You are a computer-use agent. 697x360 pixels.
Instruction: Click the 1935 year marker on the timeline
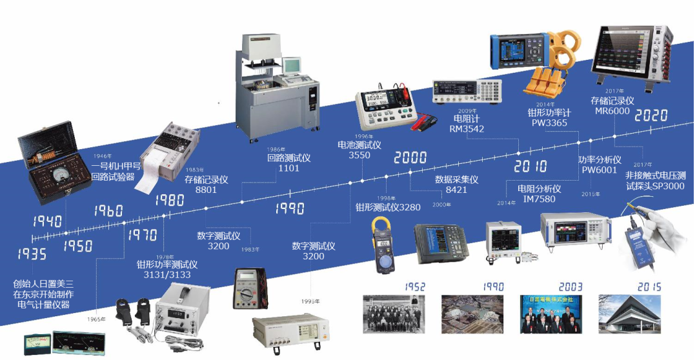point(32,254)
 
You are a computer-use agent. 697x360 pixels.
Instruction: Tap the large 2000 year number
point(410,157)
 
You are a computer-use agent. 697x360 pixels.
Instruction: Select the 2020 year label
point(651,115)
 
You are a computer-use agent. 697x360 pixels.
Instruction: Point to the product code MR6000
point(612,112)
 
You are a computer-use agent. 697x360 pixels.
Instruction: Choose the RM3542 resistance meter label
point(467,128)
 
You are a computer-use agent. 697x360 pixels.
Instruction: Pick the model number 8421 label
point(456,190)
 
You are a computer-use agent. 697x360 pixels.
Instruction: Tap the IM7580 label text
point(539,199)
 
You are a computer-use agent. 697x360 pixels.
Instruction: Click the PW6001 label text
point(600,170)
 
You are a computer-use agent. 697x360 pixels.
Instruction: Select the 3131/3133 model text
point(167,275)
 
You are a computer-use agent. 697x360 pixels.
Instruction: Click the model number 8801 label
point(207,190)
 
